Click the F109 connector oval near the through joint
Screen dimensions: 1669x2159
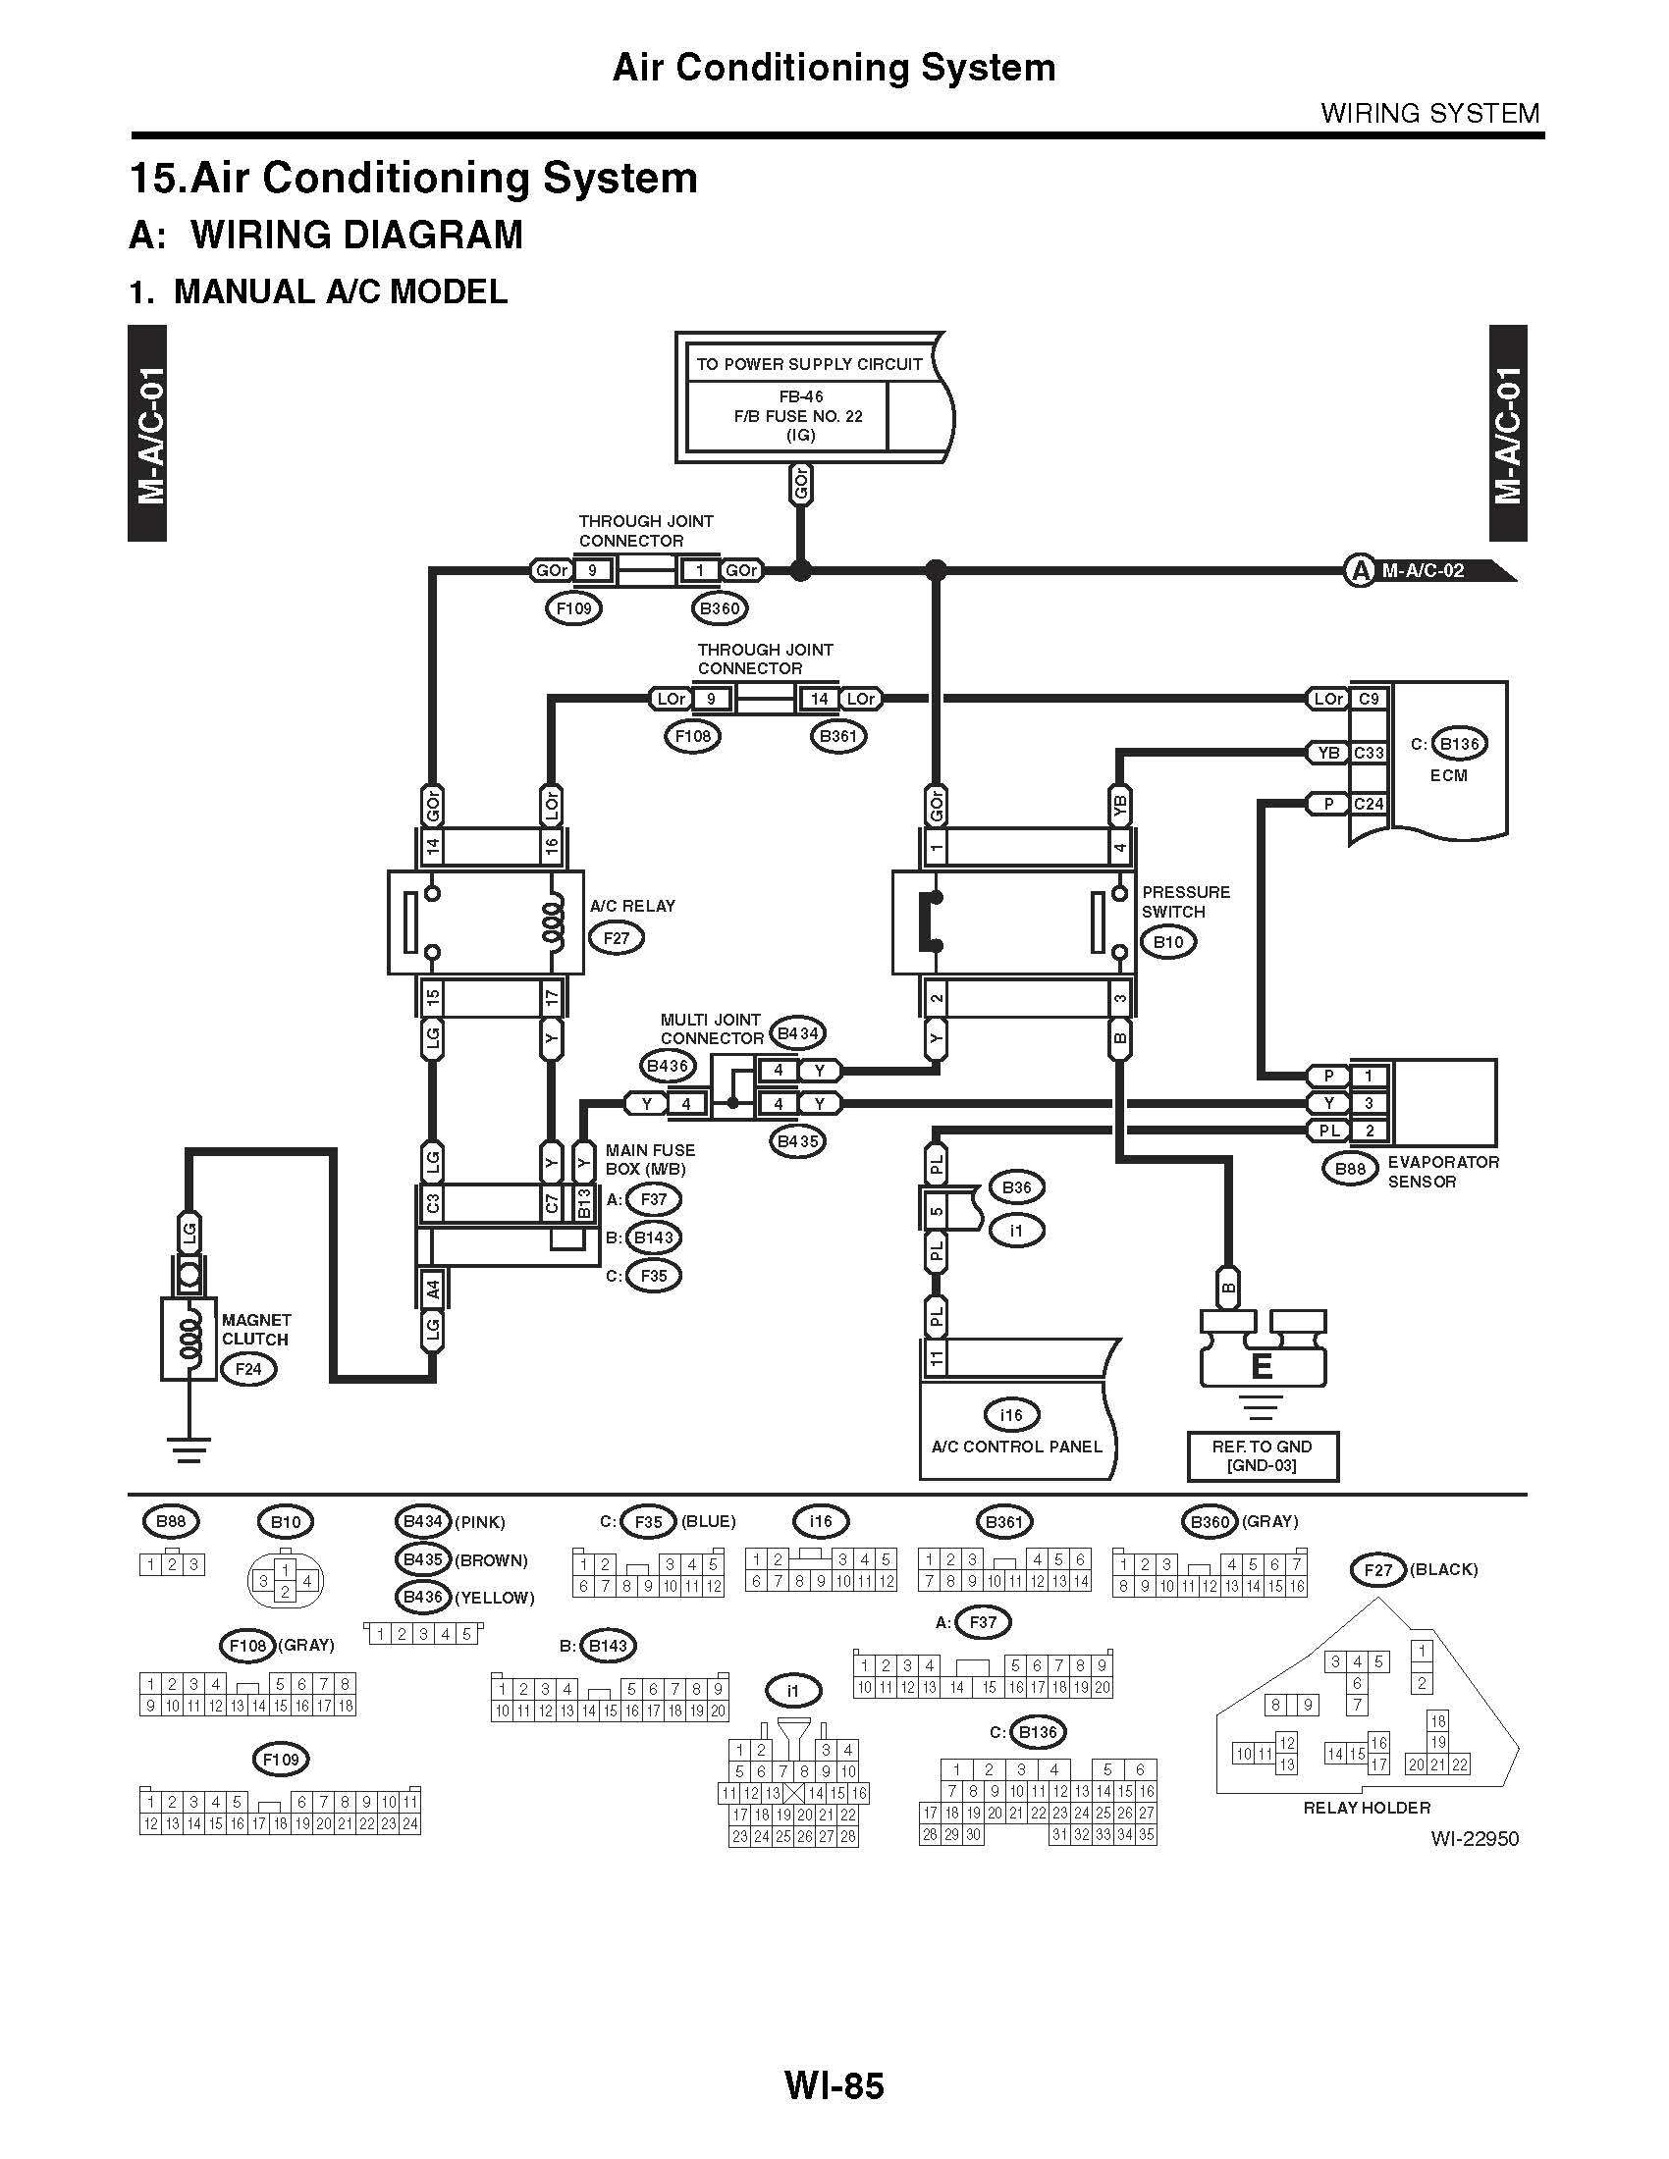[x=573, y=609]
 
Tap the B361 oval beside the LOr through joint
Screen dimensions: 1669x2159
[x=837, y=735]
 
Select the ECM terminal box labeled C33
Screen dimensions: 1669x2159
[x=1369, y=753]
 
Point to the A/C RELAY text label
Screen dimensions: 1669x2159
[x=633, y=906]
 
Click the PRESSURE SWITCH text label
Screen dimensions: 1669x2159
[x=1186, y=902]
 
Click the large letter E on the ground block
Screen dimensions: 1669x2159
[x=1262, y=1367]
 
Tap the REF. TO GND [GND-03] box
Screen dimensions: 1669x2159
[x=1263, y=1456]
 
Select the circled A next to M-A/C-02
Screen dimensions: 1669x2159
[x=1361, y=570]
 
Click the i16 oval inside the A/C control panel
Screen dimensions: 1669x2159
[x=1010, y=1415]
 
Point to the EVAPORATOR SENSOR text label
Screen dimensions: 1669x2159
[x=1442, y=1172]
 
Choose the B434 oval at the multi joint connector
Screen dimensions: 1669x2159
[x=797, y=1034]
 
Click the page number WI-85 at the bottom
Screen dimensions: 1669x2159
[x=834, y=2085]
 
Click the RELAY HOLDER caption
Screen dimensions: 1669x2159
[x=1367, y=1808]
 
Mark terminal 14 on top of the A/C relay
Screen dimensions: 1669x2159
[x=432, y=846]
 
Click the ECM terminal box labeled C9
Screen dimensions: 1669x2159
[x=1369, y=699]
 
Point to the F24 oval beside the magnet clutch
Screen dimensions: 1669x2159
[x=248, y=1370]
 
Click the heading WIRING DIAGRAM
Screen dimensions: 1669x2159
[x=357, y=236]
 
